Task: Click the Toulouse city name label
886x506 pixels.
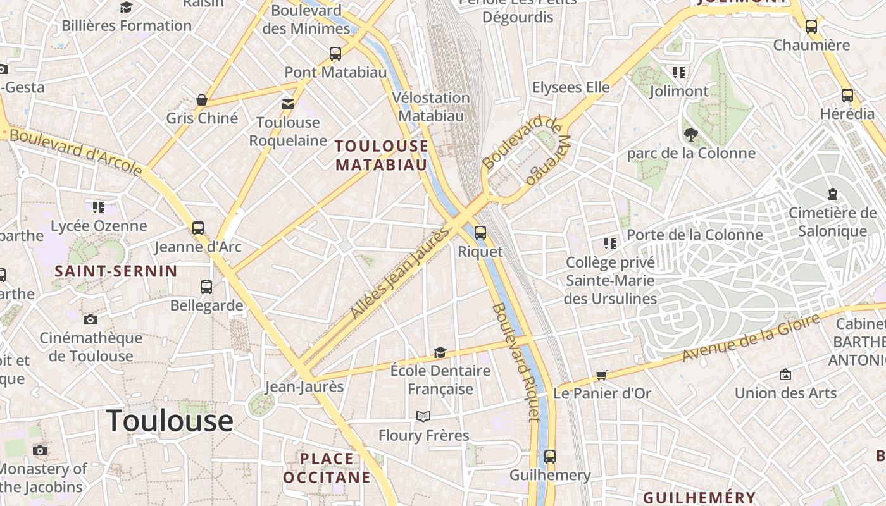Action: pos(170,421)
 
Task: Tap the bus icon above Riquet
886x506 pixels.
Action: pos(480,233)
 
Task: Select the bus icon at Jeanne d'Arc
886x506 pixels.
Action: pos(198,228)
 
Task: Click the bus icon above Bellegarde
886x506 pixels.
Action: pos(206,287)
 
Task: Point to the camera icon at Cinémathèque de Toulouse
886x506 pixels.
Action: pos(90,319)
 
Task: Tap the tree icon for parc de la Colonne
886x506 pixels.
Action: pos(690,134)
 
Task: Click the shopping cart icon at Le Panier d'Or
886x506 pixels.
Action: pos(602,376)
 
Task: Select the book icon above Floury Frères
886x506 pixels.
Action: pos(423,416)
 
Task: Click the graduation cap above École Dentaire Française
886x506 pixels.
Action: pos(440,352)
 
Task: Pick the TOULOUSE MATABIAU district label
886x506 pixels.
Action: pos(382,156)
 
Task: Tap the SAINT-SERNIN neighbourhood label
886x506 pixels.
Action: pos(116,271)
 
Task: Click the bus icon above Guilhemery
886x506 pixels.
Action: pos(550,457)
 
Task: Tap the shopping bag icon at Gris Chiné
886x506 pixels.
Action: pos(202,100)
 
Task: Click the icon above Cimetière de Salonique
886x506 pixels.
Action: pos(833,194)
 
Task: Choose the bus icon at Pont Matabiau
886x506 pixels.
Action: pos(335,54)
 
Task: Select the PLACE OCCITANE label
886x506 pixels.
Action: pos(327,468)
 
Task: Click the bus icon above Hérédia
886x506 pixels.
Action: pos(847,96)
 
